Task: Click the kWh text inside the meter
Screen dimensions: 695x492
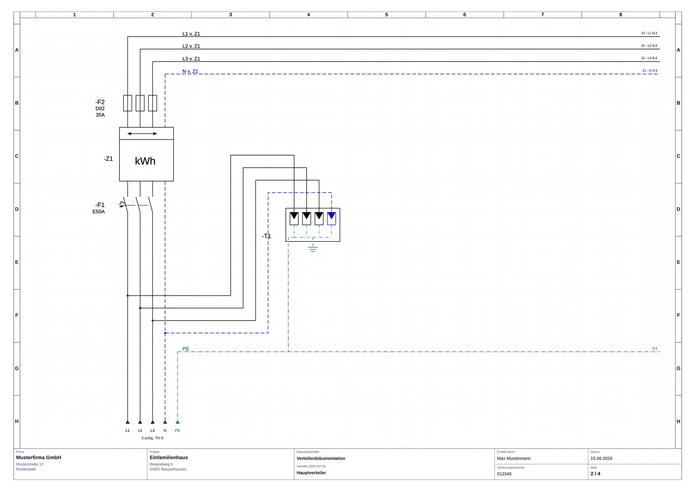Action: point(145,161)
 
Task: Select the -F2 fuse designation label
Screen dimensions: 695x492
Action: point(100,102)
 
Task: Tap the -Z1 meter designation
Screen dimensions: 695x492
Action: point(108,159)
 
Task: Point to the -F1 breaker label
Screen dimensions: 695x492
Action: point(100,205)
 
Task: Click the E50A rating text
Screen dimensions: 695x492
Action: point(99,212)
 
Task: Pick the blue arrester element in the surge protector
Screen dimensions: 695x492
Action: point(331,218)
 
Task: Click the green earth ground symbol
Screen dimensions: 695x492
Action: point(313,248)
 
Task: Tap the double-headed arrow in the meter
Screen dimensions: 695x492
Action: point(142,134)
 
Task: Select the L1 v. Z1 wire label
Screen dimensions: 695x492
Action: point(191,34)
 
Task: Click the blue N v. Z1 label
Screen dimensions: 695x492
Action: point(190,71)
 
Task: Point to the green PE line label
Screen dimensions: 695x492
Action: point(186,349)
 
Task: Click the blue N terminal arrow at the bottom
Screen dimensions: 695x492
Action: point(165,422)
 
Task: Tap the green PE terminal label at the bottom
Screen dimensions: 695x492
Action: point(177,430)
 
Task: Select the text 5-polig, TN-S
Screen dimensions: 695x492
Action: point(152,438)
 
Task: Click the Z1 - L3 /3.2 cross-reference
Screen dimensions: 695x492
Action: point(649,58)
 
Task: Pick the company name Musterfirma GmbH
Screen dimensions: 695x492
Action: point(38,458)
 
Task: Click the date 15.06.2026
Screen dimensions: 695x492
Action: point(601,459)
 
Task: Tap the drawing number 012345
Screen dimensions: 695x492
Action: point(504,474)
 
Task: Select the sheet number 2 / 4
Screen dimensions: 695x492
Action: point(595,473)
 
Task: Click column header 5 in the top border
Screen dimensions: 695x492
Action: point(386,14)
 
